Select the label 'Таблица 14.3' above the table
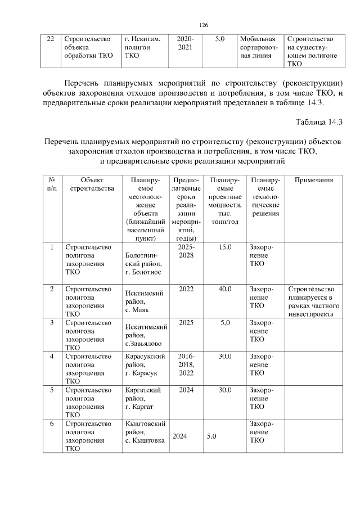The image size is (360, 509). click(x=319, y=121)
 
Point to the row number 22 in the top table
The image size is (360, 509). click(x=50, y=39)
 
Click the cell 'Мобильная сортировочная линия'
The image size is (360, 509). click(x=258, y=47)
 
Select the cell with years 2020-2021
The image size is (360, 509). click(x=185, y=43)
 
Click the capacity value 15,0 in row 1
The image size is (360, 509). click(x=224, y=247)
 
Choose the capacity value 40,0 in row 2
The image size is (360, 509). click(x=224, y=289)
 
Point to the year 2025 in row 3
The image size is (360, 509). click(x=186, y=323)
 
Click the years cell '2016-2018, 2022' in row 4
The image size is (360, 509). click(x=186, y=365)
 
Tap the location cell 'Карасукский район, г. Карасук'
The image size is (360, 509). click(x=143, y=365)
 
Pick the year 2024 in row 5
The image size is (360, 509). click(x=186, y=390)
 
